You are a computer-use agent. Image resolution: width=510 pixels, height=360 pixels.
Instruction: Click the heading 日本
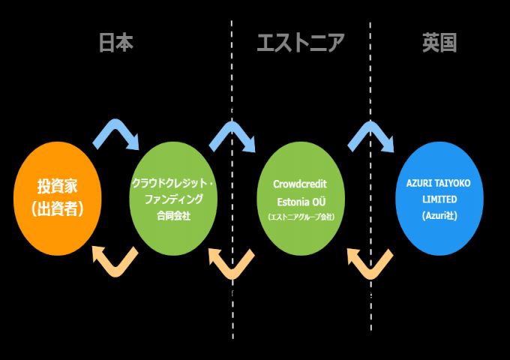coord(115,43)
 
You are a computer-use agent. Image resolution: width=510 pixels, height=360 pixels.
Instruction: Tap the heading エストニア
coord(300,43)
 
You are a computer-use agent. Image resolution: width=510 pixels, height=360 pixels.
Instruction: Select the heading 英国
coord(439,43)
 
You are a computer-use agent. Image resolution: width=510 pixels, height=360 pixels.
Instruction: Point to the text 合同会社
coord(173,215)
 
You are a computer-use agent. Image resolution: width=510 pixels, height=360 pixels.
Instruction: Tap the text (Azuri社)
coord(439,215)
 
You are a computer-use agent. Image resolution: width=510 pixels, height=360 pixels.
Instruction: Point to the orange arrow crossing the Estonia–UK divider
coord(370,260)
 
